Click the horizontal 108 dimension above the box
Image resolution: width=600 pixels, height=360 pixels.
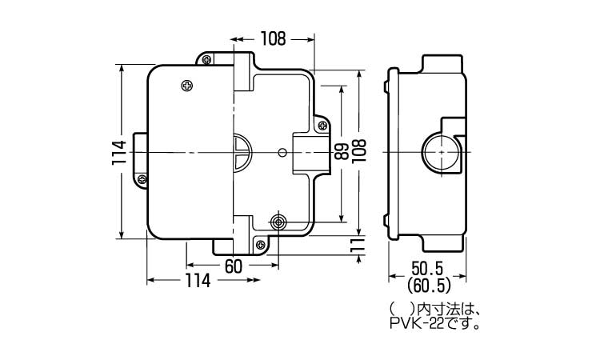(x=274, y=38)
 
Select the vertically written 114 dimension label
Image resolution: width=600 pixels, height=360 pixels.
(x=119, y=153)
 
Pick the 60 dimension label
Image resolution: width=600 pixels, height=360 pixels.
(x=234, y=266)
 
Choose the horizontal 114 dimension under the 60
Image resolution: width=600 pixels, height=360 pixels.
(x=198, y=281)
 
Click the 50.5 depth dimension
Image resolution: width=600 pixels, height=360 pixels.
(x=427, y=268)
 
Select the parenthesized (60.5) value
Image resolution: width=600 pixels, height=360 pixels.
(x=427, y=285)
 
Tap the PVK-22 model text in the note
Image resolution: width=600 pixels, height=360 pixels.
(x=417, y=325)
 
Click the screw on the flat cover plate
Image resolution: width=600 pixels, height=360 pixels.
(x=187, y=86)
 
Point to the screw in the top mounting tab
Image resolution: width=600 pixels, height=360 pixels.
(x=206, y=59)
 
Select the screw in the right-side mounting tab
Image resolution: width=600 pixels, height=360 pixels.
(x=322, y=125)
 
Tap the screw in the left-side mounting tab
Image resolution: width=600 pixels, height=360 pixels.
(x=142, y=178)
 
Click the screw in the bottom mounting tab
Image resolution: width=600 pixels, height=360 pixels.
(x=261, y=245)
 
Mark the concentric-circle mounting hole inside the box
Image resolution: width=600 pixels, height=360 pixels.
(x=278, y=222)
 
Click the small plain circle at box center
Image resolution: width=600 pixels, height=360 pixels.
(x=282, y=153)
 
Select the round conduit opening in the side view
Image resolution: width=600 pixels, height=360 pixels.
(x=441, y=152)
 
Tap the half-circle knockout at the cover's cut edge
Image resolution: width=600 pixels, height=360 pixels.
(x=242, y=152)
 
